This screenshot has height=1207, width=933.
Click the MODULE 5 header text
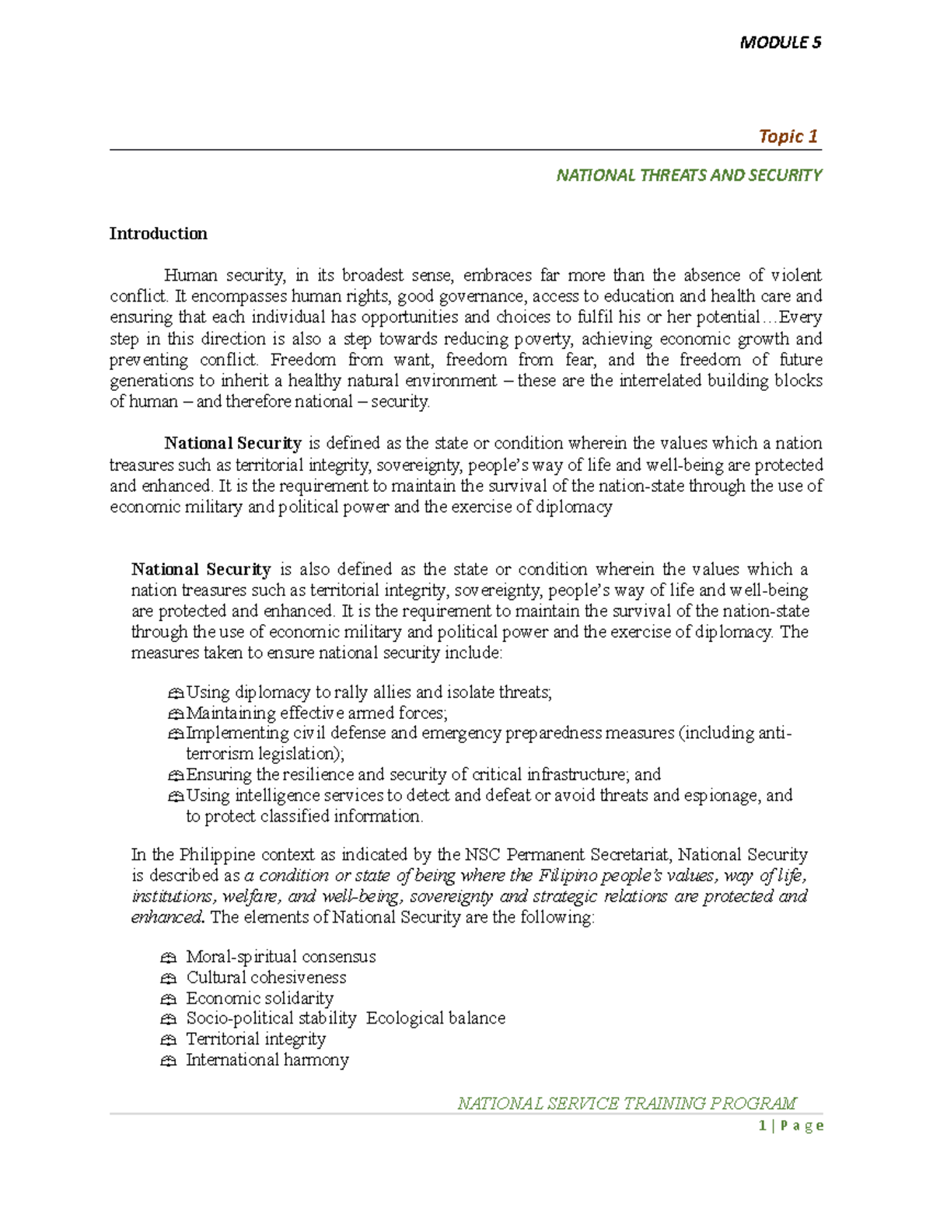coord(780,43)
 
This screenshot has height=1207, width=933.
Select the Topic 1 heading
coord(788,137)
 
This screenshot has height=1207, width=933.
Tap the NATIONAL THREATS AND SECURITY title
coord(688,176)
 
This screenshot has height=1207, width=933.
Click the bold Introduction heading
coord(158,234)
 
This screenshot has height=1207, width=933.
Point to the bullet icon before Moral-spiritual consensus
coord(169,958)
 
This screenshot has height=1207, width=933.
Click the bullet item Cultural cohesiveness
coord(266,978)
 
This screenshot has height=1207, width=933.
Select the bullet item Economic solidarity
coord(260,998)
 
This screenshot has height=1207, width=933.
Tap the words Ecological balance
coord(435,1018)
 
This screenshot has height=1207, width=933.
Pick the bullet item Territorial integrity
coord(256,1039)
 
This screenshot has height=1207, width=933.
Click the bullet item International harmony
coord(267,1060)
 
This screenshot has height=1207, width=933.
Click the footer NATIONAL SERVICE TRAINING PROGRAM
coord(627,1104)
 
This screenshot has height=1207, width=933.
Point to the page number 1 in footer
coord(763,1125)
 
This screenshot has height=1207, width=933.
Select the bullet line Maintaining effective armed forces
coord(316,713)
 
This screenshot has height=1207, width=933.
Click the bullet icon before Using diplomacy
coord(176,693)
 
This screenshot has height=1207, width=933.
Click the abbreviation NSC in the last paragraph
coord(483,855)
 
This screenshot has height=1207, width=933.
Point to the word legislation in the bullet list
coord(299,754)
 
